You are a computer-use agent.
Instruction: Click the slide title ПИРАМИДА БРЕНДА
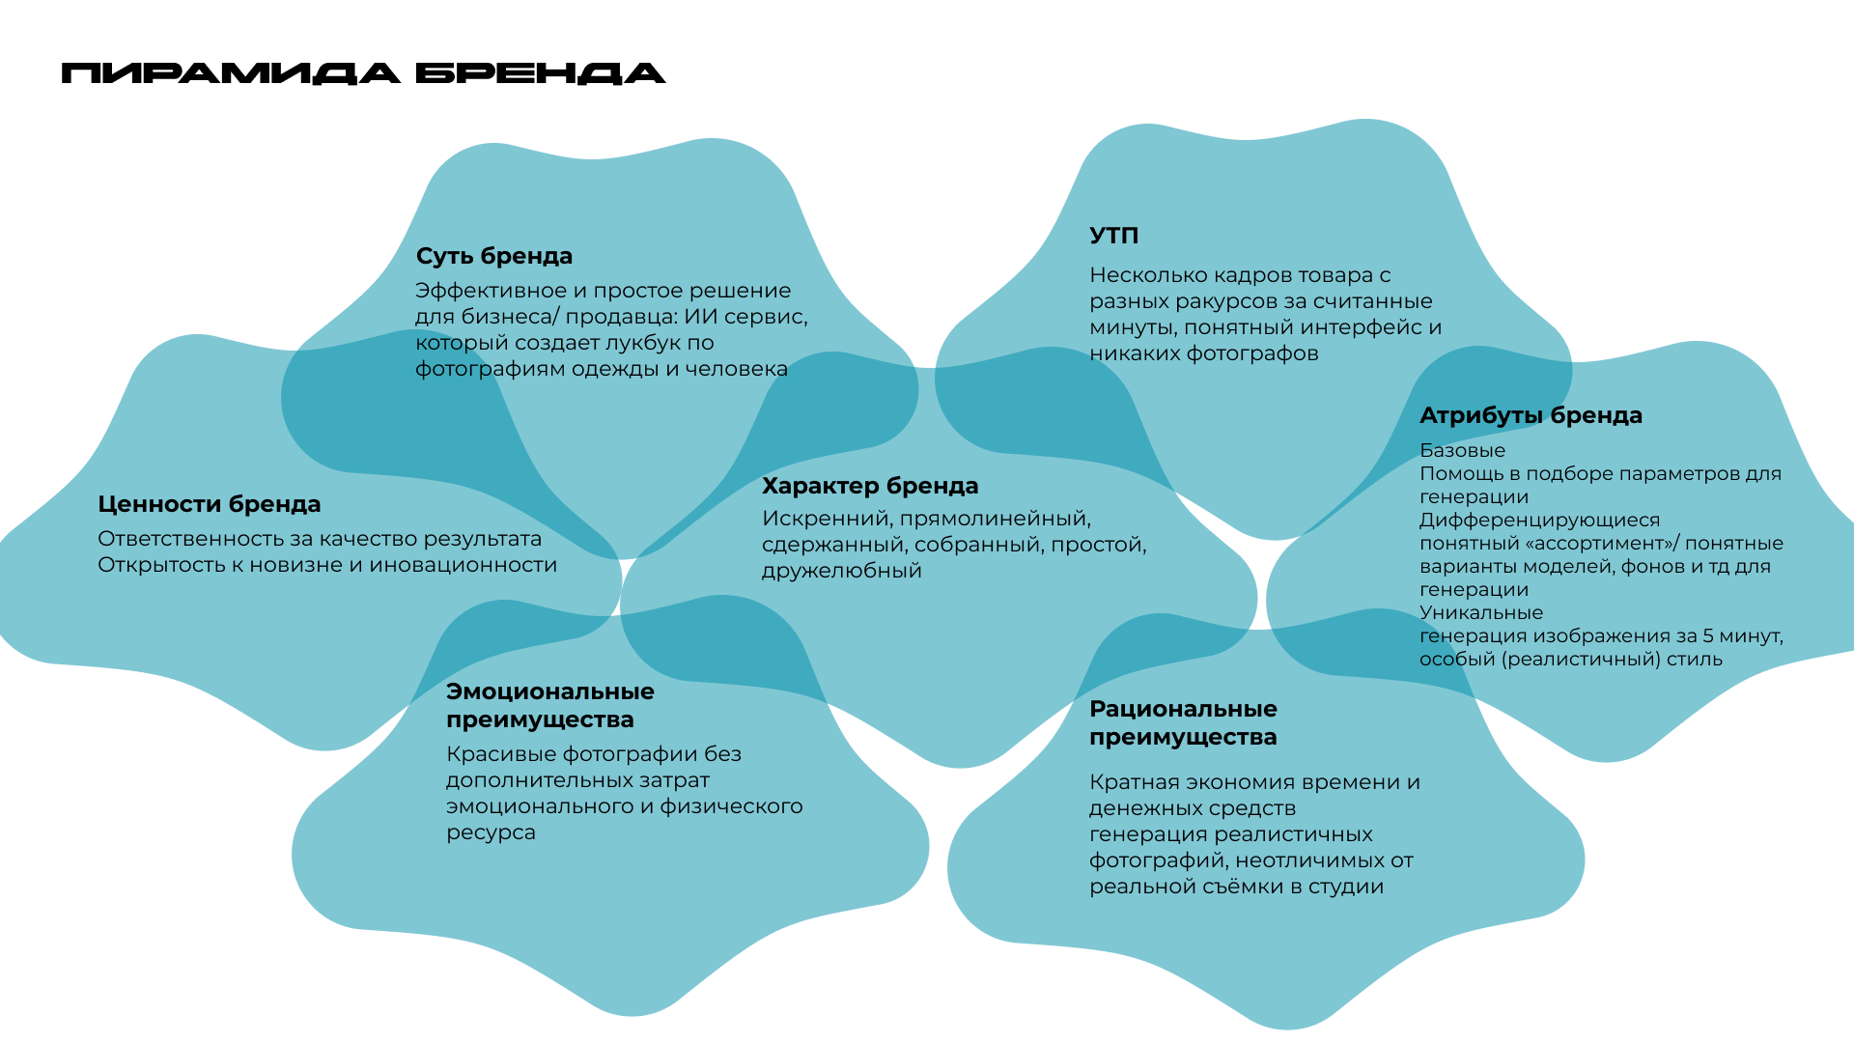click(363, 73)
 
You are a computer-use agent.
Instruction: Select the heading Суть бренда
click(493, 256)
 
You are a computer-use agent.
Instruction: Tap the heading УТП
click(1113, 236)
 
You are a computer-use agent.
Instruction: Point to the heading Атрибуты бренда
click(1530, 415)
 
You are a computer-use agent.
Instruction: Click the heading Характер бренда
click(869, 486)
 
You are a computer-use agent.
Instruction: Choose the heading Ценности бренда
click(209, 504)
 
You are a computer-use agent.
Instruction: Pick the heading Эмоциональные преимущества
click(549, 705)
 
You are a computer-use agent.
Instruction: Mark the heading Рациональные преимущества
click(1183, 722)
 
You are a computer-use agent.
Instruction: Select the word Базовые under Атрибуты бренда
click(1462, 450)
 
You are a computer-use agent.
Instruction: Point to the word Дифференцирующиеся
click(1539, 520)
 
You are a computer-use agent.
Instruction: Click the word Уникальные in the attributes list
click(1480, 612)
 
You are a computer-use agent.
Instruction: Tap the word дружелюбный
click(841, 571)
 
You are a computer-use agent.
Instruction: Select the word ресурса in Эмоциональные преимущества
click(491, 832)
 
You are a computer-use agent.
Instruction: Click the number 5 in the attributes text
click(1708, 635)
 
